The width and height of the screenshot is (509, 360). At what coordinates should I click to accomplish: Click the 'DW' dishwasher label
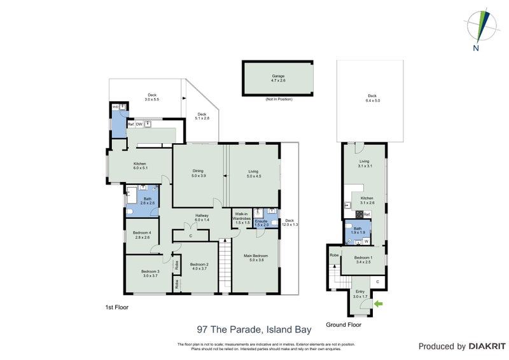pyautogui.click(x=139, y=124)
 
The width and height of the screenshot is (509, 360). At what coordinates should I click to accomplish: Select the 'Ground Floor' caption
pyautogui.click(x=344, y=324)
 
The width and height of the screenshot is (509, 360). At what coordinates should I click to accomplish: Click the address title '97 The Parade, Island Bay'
pyautogui.click(x=254, y=329)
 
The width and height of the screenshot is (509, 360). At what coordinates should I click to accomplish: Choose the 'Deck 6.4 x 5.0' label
pyautogui.click(x=372, y=99)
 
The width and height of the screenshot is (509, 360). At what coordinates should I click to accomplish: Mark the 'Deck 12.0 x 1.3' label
pyautogui.click(x=291, y=223)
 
